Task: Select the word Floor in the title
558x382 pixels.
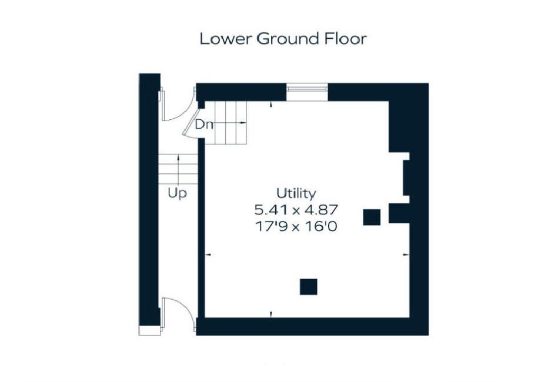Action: click(x=346, y=39)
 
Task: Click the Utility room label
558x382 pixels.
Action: click(x=296, y=193)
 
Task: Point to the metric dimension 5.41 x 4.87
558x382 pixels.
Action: click(x=296, y=209)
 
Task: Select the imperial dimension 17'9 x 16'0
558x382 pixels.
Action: click(x=296, y=224)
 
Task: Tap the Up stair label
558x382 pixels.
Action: click(x=177, y=193)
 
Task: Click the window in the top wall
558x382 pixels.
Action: click(x=307, y=88)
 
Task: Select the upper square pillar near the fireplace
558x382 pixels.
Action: click(x=372, y=217)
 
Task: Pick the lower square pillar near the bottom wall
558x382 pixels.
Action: click(x=309, y=286)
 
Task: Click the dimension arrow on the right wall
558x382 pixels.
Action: click(x=405, y=254)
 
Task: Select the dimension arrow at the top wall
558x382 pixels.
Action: click(x=270, y=104)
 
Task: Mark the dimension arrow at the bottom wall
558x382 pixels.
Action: click(x=270, y=315)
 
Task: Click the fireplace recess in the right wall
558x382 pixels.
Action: click(x=405, y=177)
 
